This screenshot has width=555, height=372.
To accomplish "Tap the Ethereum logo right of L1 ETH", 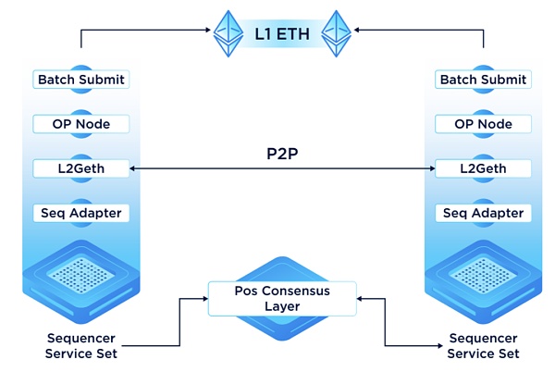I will (335, 34).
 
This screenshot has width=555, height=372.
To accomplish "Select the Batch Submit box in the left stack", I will (81, 80).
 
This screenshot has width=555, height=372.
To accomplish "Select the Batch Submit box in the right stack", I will (483, 80).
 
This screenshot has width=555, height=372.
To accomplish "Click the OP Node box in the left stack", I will (81, 124).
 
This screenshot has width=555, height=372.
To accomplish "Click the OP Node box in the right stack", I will (483, 124).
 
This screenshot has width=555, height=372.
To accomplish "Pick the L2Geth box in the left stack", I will (81, 169).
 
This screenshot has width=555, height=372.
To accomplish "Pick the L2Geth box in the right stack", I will (483, 169).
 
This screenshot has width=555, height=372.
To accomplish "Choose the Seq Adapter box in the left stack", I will (81, 214).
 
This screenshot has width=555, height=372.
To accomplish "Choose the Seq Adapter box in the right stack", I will (483, 214).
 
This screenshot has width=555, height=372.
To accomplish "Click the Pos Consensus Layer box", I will (282, 298).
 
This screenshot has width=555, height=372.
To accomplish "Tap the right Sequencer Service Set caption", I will (483, 346).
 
